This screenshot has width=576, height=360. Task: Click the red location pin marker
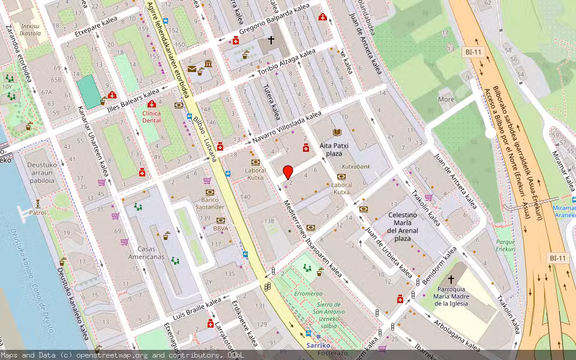click(288, 171)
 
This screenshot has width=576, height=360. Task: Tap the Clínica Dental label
click(151, 116)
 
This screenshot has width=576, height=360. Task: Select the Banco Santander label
click(209, 203)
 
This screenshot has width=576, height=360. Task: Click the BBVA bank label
click(221, 229)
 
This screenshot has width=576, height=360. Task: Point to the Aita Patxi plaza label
click(334, 149)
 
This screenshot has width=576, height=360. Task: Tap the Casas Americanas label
click(146, 253)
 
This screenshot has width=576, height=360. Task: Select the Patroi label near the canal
click(38, 212)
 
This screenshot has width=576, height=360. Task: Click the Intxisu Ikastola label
click(31, 30)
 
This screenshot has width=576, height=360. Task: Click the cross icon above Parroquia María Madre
click(451, 279)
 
